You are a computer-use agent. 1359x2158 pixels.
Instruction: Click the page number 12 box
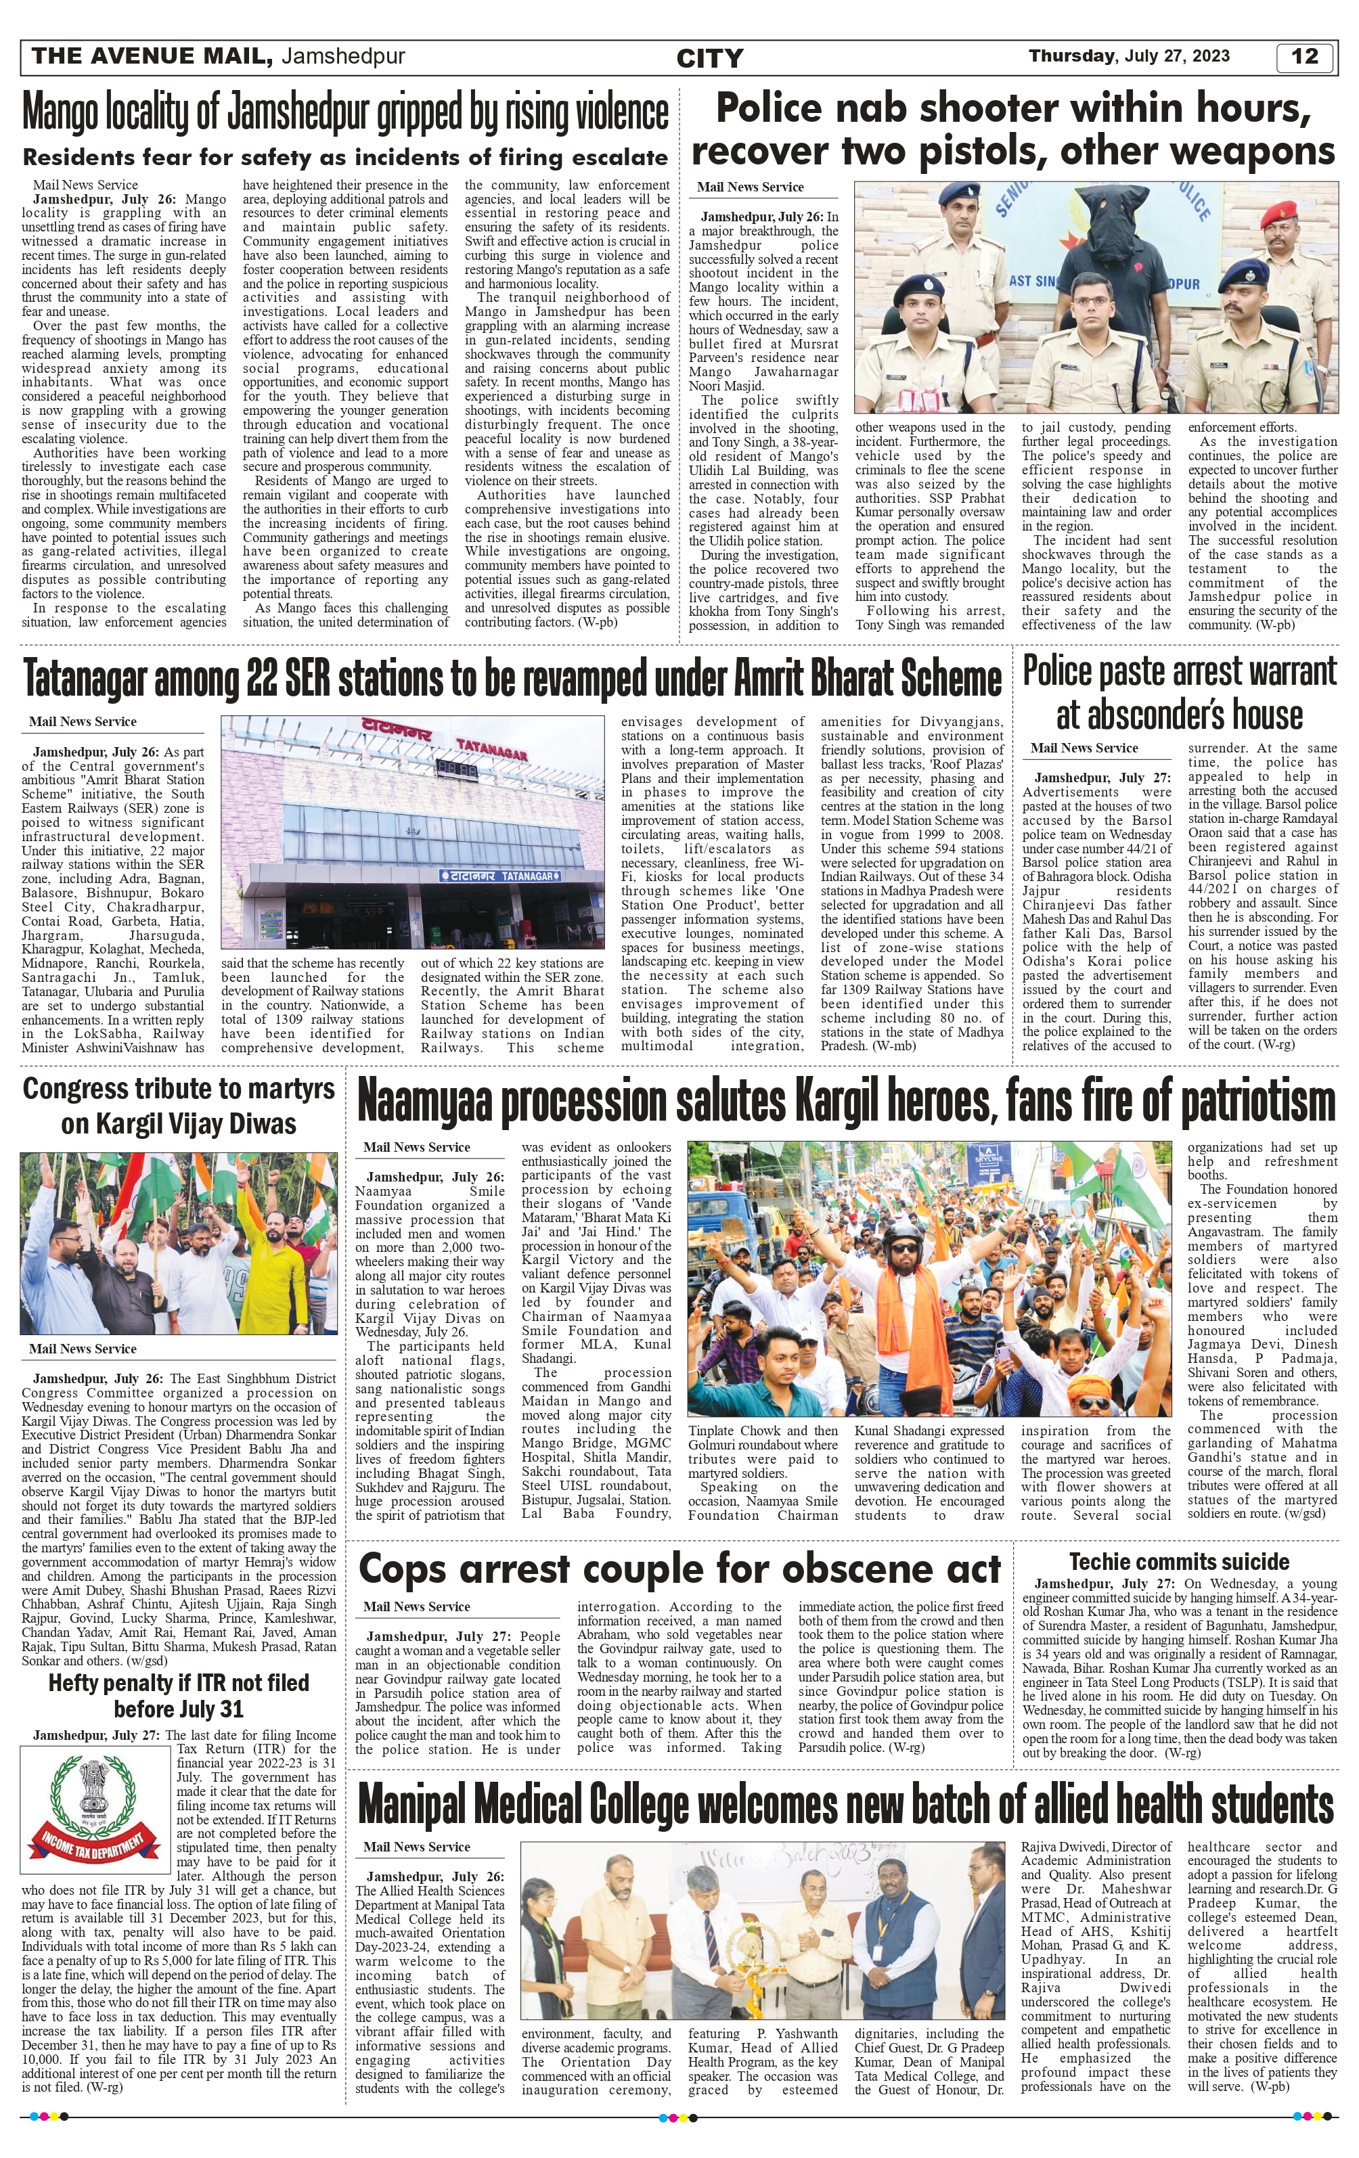(x=1304, y=56)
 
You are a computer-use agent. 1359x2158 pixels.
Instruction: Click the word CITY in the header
(x=709, y=58)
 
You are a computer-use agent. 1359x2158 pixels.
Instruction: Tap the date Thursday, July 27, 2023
(x=1129, y=56)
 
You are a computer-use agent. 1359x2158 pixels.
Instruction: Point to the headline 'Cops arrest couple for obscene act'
(x=679, y=1569)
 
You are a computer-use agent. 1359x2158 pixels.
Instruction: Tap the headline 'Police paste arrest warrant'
(x=1179, y=672)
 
